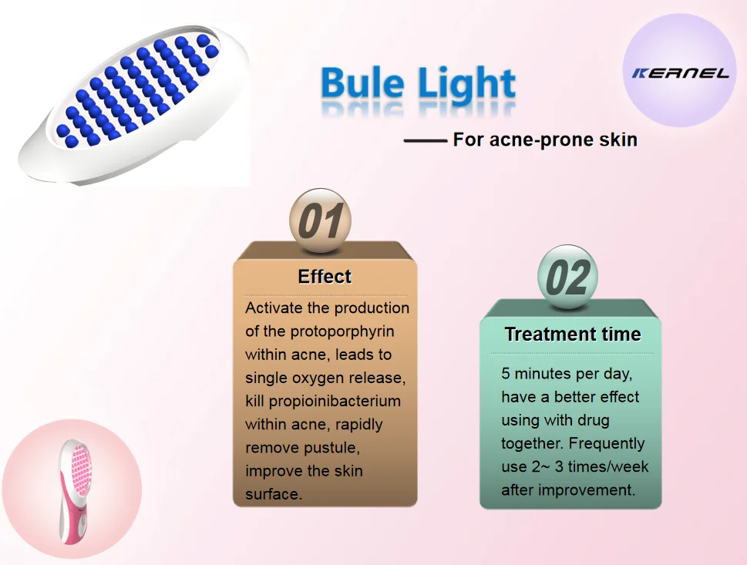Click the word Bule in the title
(x=362, y=82)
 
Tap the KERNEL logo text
(x=680, y=73)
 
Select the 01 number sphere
(x=320, y=220)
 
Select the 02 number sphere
(x=568, y=277)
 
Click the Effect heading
(x=325, y=276)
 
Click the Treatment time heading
(x=573, y=334)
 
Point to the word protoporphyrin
(x=342, y=331)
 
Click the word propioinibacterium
(x=335, y=401)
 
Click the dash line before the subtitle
(x=425, y=141)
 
